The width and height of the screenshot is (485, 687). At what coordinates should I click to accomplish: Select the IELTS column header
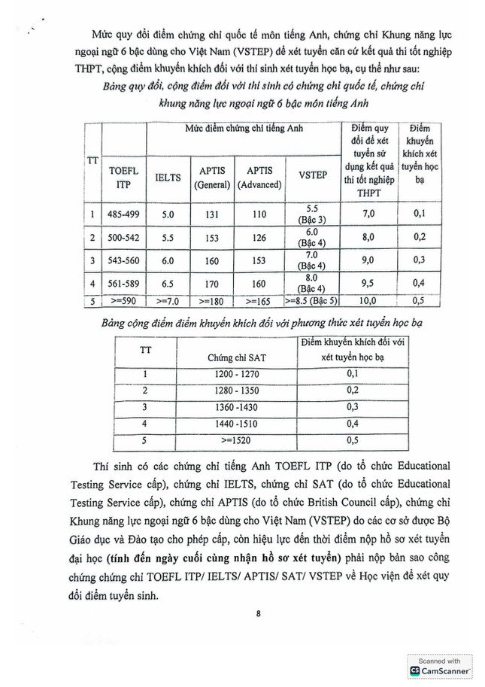[x=168, y=178]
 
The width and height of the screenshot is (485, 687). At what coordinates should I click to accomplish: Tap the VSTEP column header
[x=313, y=175]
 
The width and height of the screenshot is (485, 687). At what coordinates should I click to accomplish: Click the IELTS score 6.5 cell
[x=168, y=284]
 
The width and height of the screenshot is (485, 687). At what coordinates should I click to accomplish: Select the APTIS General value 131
[x=212, y=214]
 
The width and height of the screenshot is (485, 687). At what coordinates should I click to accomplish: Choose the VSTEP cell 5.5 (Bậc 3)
[x=313, y=214]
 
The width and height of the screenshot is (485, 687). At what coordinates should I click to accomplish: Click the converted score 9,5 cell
[x=368, y=284]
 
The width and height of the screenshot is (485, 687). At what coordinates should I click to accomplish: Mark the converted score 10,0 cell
[x=368, y=302]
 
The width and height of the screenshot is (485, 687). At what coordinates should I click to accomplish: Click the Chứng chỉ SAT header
[x=230, y=357]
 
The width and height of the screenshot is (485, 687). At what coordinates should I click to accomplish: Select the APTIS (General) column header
[x=212, y=178]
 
